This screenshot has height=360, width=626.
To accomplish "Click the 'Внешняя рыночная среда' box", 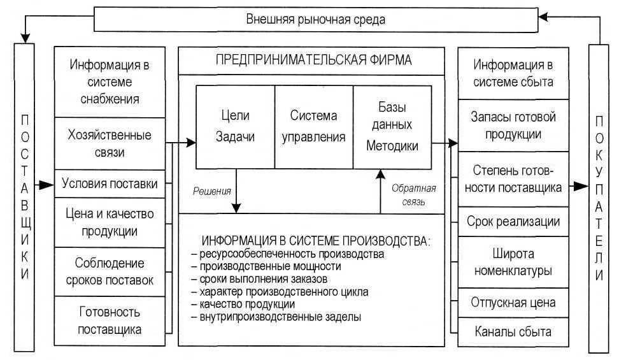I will [315, 18].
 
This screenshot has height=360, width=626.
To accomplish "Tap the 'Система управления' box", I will [313, 126].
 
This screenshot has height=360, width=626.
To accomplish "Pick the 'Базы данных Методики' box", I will [392, 126].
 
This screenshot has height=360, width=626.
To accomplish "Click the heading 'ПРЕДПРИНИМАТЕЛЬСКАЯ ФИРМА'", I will [313, 60].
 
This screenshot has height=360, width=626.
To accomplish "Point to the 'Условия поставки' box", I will [110, 184].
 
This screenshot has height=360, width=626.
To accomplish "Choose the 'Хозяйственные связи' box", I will [110, 144].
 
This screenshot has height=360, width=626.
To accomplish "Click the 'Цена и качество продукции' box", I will [110, 222].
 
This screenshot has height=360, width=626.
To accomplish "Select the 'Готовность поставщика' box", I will [110, 320].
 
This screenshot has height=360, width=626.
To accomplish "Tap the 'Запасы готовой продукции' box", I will [513, 126].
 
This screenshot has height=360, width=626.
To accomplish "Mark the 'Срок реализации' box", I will [513, 221].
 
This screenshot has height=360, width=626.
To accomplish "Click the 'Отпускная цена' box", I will [513, 302].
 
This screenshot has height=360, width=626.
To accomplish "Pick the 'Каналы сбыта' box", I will [513, 332].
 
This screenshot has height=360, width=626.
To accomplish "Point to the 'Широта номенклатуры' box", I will [513, 261].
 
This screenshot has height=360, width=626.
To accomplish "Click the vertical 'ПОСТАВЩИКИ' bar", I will [24, 198].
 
